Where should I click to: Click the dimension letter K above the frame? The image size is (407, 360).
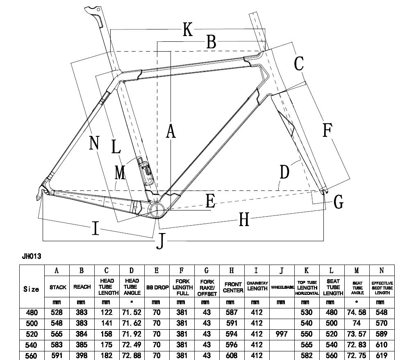pos(188,29)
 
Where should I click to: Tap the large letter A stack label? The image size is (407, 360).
pos(171,131)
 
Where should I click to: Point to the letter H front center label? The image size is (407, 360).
pos(244,220)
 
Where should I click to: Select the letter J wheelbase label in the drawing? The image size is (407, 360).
pos(161,241)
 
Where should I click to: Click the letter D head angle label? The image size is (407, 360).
pos(284,172)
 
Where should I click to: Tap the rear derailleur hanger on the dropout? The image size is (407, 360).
pos(39,194)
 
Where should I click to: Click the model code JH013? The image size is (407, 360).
pos(32,256)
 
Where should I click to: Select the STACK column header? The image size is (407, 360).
pos(58,287)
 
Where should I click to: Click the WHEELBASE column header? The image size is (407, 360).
pos(282,288)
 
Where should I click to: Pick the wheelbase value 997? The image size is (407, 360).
pos(282,334)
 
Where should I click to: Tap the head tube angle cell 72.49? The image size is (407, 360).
pos(132,345)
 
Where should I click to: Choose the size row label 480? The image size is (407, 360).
pos(32,312)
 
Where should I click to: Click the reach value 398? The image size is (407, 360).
pos(82,355)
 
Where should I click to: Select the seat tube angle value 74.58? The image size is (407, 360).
pos(357,312)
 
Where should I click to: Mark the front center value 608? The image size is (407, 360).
pos(232,355)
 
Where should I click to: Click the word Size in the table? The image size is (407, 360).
pos(31,289)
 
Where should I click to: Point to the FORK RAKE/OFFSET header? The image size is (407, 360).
pos(207,288)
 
